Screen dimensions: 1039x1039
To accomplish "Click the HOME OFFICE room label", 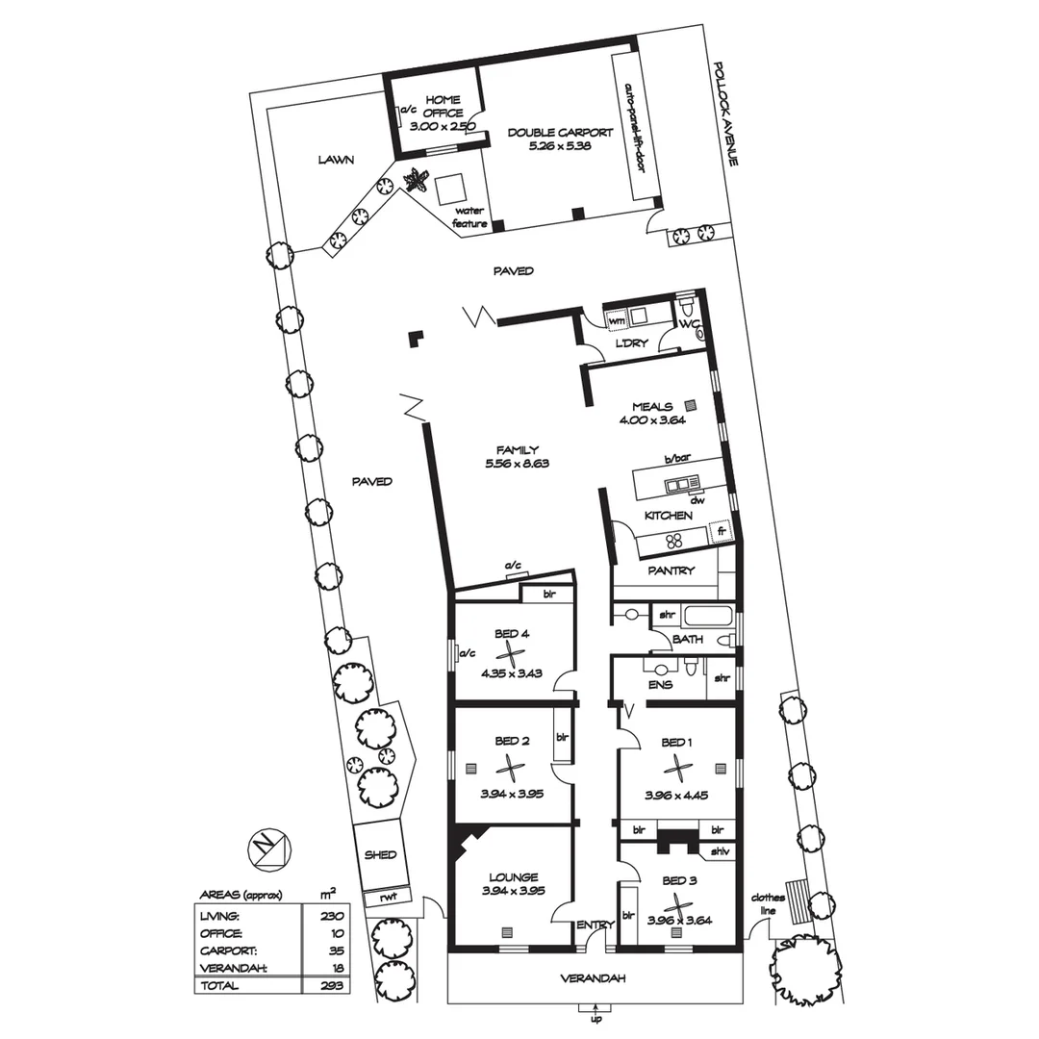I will click(443, 106).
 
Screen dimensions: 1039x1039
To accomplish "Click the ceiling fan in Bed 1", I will click(678, 768).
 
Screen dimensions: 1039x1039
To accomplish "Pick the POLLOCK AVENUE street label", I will click(725, 115).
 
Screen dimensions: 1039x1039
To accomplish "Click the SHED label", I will click(380, 854).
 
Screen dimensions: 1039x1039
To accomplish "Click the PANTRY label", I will click(672, 570).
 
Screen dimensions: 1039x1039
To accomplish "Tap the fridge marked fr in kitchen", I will click(720, 531).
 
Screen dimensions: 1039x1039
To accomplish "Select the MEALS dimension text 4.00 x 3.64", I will click(651, 419).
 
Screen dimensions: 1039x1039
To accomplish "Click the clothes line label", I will click(769, 904).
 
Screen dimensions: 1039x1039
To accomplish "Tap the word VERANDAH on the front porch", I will click(594, 978).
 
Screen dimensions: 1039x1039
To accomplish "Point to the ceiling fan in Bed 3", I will click(679, 906).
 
